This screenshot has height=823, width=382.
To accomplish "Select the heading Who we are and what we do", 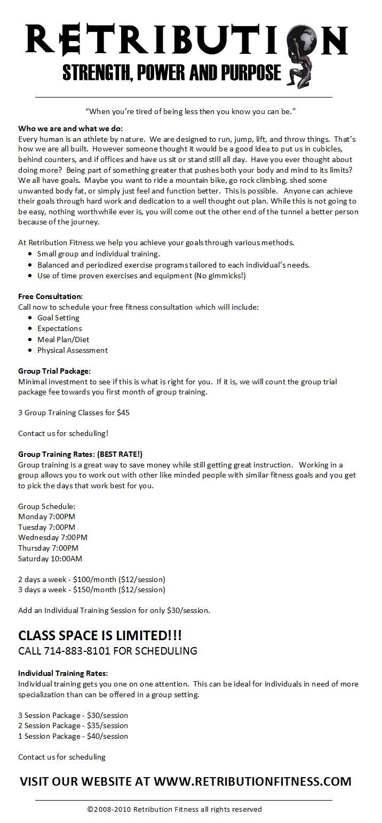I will [x=70, y=128].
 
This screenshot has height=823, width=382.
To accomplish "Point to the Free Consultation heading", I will [x=51, y=296].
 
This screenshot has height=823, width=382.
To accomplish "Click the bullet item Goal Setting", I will [x=58, y=318].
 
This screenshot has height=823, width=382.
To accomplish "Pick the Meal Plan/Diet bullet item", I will [x=63, y=340].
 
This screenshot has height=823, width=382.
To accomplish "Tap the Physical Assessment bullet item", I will [x=73, y=350].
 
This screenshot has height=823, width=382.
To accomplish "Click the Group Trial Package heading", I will [x=54, y=371].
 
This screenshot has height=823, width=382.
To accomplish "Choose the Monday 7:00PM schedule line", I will [x=46, y=516].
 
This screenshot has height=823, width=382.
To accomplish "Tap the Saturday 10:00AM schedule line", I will [x=50, y=559].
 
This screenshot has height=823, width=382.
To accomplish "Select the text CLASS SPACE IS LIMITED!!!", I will [x=100, y=635].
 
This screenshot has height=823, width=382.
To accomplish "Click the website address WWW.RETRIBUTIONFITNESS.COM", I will [x=252, y=781].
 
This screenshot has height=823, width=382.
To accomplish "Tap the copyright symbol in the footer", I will [x=90, y=809].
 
